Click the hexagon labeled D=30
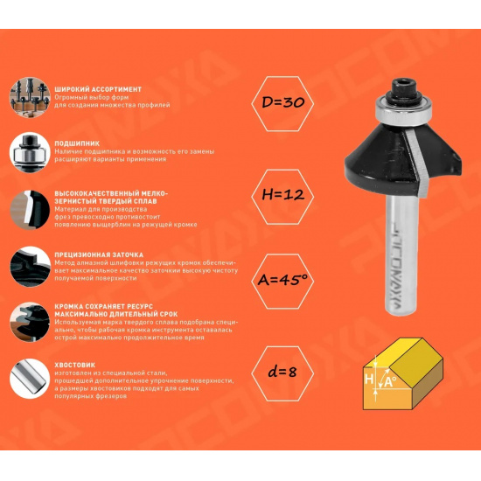282,104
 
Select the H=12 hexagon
282,197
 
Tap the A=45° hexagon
282,282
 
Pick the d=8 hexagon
282,373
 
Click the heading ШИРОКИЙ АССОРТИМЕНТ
98,89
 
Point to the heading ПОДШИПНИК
77,143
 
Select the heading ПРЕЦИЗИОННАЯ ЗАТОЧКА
99,254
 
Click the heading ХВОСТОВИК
75,365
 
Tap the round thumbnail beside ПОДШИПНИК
30,152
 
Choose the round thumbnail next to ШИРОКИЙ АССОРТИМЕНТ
30,98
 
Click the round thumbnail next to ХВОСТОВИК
30,379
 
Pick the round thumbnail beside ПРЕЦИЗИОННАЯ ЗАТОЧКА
30,267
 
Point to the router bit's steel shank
401,255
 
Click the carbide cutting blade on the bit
417,164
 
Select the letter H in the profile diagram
369,380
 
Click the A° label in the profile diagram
390,382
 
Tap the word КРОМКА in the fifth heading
71,306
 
